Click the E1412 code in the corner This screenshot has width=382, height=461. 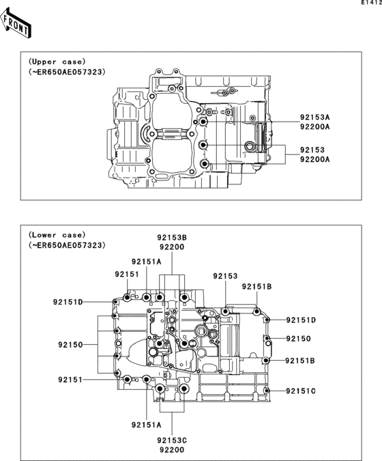point(370,4)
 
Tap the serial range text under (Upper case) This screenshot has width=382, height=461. point(67,71)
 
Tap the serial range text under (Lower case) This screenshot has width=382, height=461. point(67,245)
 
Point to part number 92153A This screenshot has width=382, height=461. point(314,117)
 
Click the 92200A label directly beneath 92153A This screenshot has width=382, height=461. point(314,127)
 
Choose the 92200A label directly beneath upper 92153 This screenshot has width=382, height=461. point(314,159)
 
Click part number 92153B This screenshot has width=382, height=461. point(172,237)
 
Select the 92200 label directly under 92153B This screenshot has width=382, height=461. point(172,247)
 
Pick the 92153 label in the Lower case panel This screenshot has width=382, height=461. point(224,276)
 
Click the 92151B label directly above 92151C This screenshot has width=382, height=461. point(301,360)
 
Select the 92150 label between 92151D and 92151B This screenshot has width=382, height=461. point(298,339)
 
